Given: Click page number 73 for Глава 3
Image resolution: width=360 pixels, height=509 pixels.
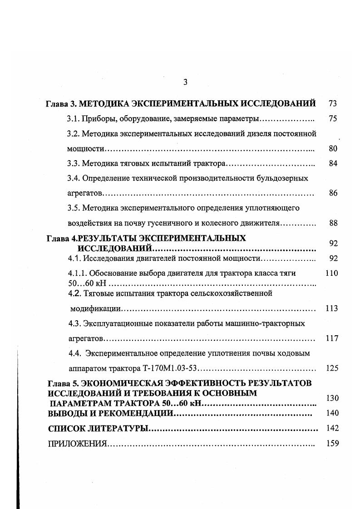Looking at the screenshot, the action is [x=332, y=104].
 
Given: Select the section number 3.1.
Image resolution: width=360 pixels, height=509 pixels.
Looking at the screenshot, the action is [x=73, y=119].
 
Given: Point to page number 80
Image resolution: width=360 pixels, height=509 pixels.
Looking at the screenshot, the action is [x=333, y=149].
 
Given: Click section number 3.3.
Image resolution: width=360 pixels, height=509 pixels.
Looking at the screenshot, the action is [x=73, y=163].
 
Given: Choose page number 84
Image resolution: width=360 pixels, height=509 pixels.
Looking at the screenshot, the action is [x=333, y=163].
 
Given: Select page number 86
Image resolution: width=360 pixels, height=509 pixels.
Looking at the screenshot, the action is [x=333, y=193].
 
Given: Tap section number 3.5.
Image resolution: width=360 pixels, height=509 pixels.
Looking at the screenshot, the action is [x=73, y=208].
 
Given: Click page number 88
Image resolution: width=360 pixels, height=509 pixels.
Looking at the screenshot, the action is [x=333, y=223].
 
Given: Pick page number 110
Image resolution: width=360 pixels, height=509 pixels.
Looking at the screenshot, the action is [x=332, y=274].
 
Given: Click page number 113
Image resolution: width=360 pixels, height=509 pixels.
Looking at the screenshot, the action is [x=332, y=308].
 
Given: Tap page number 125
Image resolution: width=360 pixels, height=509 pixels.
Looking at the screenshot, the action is [x=332, y=368].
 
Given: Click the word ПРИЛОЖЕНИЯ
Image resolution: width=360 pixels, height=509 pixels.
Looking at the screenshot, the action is [x=77, y=444].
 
